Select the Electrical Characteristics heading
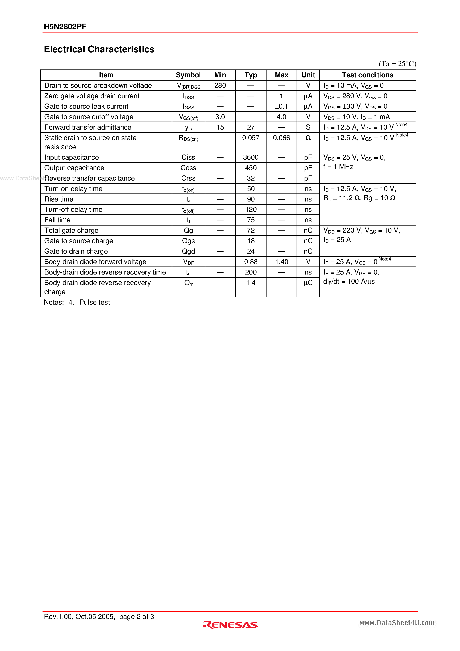coord(99,49)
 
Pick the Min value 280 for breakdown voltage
coord(220,85)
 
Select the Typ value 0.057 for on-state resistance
coord(251,138)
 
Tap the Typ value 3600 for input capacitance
coord(251,157)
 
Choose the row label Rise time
coord(59,199)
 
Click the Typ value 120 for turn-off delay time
coord(251,210)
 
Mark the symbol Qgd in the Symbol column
coord(188,251)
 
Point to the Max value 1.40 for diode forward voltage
coord(281,262)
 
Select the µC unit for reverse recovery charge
coord(308,283)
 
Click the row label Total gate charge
coord(71,230)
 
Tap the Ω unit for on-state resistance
coord(308,138)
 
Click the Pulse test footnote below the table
coord(94,302)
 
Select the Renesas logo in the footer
coord(230,625)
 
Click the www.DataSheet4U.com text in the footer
coord(397,623)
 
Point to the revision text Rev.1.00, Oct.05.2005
coord(79,616)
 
